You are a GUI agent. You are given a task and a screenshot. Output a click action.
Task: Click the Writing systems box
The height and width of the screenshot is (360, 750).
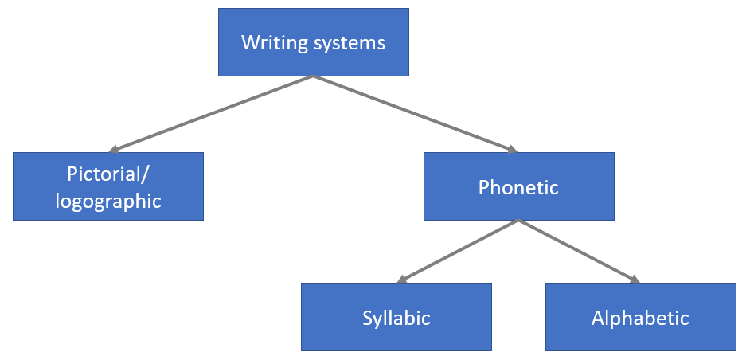coord(314,42)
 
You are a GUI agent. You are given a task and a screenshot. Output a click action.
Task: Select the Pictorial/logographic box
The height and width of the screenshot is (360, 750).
coord(108,186)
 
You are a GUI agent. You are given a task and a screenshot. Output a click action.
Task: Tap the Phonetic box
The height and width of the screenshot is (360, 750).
coord(518,186)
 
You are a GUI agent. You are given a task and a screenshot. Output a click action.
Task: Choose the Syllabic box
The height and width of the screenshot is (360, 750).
coord(396,317)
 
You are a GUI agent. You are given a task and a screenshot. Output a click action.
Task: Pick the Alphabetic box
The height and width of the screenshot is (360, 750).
coord(640,317)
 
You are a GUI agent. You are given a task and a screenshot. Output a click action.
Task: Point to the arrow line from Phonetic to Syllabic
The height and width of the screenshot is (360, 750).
coord(458,251)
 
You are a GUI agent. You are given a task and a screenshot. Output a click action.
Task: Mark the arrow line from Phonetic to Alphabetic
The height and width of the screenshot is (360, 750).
coord(580,251)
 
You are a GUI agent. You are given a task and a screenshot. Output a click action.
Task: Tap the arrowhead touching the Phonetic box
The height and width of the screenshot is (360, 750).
coord(511,148)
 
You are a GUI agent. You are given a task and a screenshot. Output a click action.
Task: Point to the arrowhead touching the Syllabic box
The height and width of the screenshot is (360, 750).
coord(402,280)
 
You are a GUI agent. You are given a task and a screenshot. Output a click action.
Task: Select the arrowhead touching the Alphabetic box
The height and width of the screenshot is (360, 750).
coord(634,280)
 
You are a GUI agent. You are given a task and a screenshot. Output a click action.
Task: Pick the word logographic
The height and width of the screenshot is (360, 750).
coord(108,201)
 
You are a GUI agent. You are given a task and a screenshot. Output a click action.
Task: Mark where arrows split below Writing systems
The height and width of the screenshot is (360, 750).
coord(314,76)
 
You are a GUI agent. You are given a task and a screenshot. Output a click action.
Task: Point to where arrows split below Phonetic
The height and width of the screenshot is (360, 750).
coord(518,221)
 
